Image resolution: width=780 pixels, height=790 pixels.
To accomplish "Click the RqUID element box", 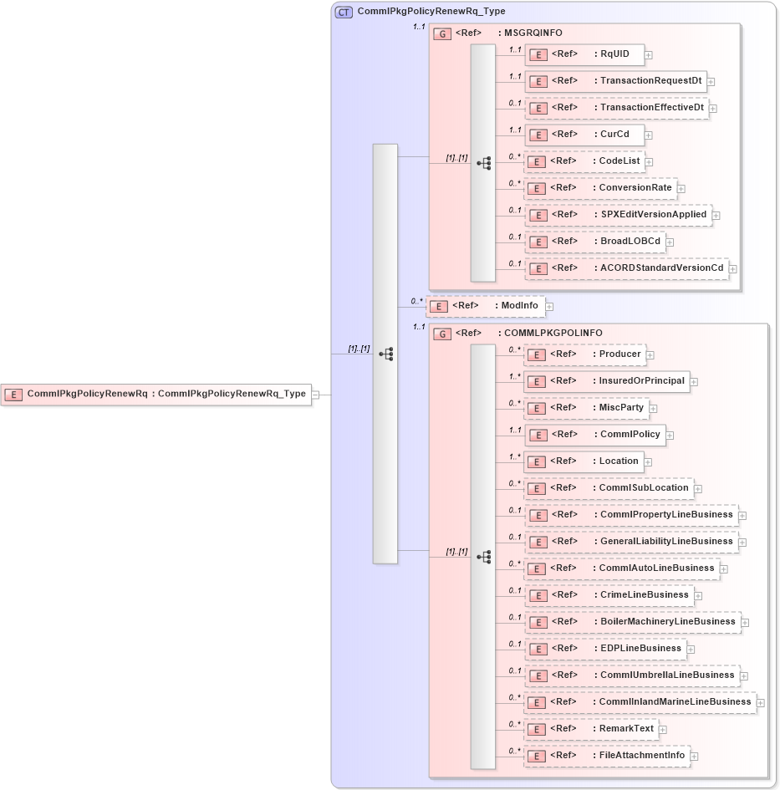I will (x=584, y=55).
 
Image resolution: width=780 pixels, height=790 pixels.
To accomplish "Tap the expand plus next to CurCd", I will (x=649, y=135).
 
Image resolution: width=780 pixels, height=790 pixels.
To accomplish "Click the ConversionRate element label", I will (x=635, y=188).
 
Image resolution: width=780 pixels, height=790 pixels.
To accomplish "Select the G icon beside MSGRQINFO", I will (x=441, y=33).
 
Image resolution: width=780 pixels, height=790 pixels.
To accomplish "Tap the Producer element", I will (x=584, y=354).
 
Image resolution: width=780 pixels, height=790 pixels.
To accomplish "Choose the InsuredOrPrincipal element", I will (x=607, y=381).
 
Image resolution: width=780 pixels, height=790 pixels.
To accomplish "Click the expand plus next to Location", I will (x=648, y=461).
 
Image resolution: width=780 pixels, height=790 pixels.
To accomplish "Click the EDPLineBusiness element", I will (x=605, y=649).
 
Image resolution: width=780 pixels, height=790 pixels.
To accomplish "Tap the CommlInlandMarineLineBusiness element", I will (x=640, y=702).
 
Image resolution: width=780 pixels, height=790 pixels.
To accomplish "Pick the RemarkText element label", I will (x=626, y=729).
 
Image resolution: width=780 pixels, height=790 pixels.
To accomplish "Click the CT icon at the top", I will (x=344, y=12).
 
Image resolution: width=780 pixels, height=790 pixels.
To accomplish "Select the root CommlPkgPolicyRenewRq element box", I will (x=156, y=395).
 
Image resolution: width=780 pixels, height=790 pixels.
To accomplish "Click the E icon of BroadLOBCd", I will (x=538, y=242).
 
